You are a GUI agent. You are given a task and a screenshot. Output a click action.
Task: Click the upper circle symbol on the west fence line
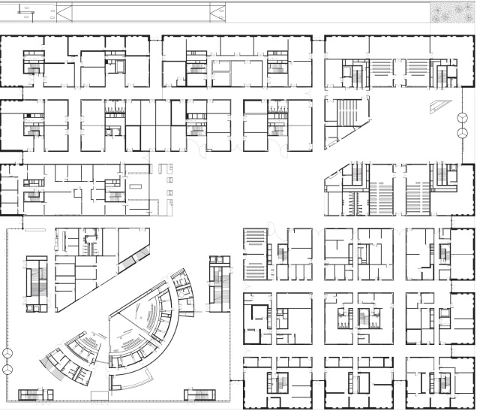(8, 353)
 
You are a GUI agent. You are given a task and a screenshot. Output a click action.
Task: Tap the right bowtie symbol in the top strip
(218, 12)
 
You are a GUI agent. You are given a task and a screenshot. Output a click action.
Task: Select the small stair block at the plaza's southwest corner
(31, 394)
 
